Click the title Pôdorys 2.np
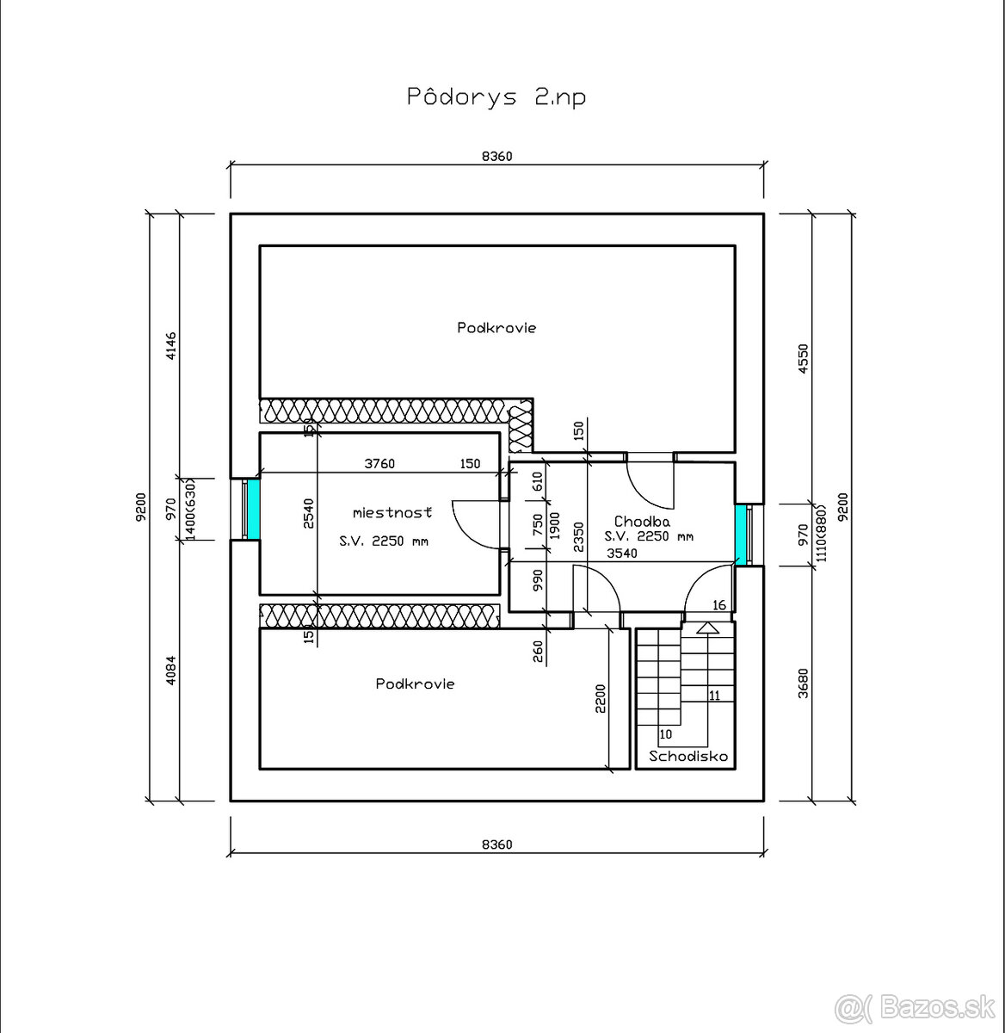pos(496,97)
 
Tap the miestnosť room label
pos(392,513)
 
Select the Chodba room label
pos(642,521)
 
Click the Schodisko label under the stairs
pos(688,756)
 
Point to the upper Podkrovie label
pos(496,327)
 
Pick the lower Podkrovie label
pos(415,684)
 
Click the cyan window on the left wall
pos(254,509)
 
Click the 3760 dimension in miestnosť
pos(379,464)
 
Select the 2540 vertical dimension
pos(308,513)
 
